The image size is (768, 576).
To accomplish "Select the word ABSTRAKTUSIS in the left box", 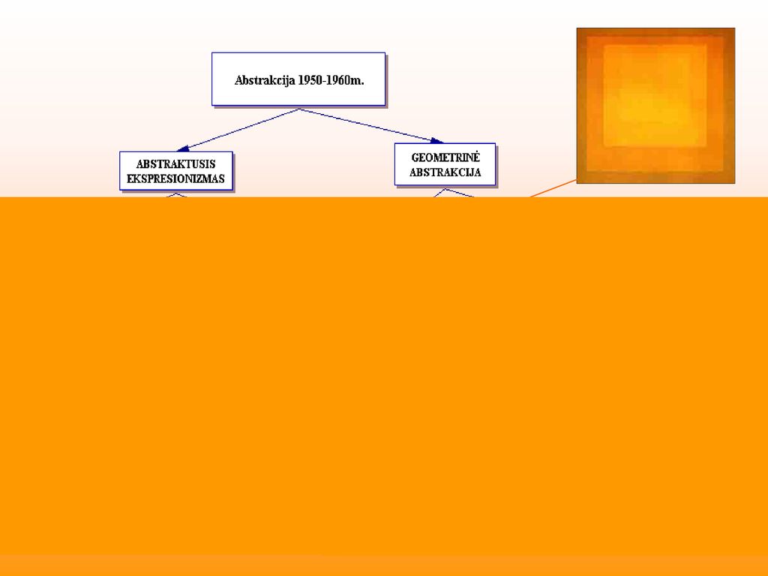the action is click(x=175, y=164).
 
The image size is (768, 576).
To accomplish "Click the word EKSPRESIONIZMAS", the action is click(x=175, y=178).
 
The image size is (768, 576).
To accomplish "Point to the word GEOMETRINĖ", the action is click(x=445, y=157).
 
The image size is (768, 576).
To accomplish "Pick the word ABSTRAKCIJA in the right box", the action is click(x=445, y=172).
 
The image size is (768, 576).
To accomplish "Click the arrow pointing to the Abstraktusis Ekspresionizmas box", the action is click(x=238, y=130).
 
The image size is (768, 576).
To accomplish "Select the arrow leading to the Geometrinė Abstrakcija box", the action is click(x=371, y=126).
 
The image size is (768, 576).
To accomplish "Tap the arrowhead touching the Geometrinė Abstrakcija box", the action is click(x=437, y=141).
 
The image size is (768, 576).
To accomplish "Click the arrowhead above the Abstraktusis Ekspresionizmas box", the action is click(x=183, y=148).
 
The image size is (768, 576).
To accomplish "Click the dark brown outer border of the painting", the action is click(x=581, y=105).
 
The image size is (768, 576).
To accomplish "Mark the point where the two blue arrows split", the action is click(x=300, y=109).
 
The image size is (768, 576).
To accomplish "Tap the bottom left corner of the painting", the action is click(x=577, y=183).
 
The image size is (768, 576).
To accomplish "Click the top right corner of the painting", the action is click(x=735, y=28).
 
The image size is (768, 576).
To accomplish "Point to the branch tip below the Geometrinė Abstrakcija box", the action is click(x=445, y=189).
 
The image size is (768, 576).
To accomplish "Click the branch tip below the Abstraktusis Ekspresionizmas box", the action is click(x=176, y=193).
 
